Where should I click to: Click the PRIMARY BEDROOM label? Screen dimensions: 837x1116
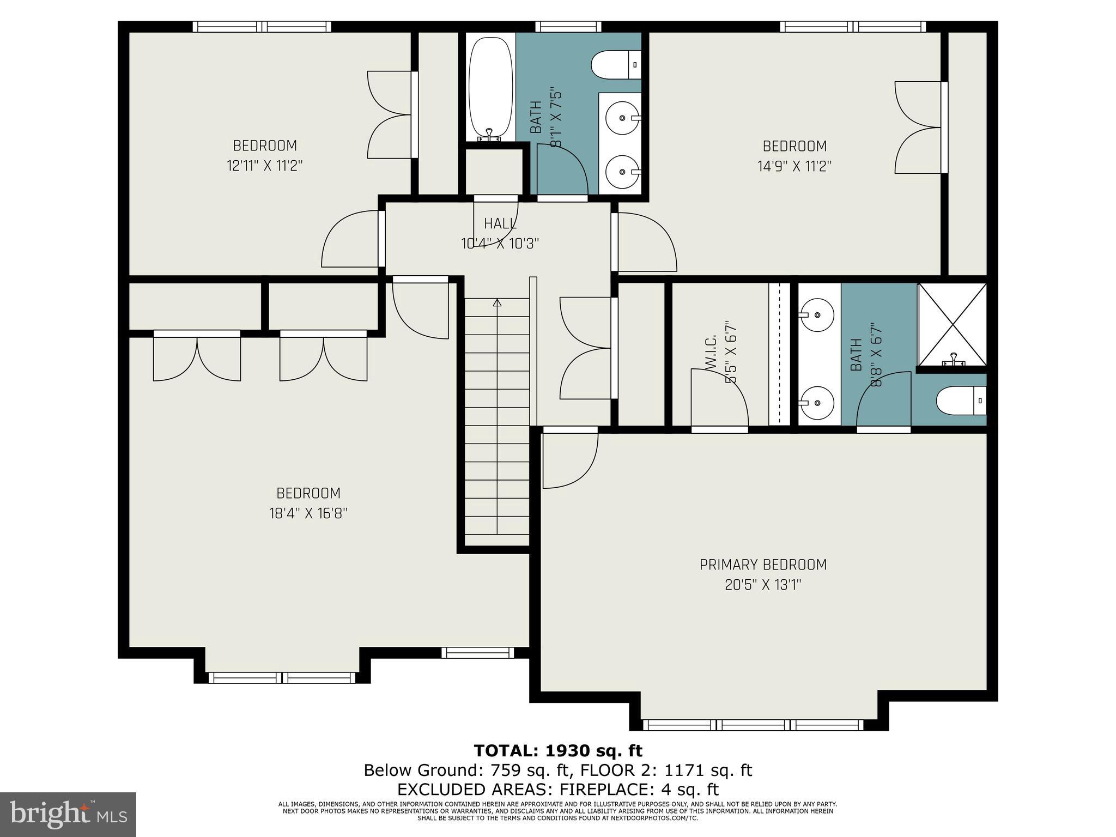click(x=763, y=565)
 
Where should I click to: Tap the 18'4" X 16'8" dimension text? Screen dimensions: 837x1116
click(x=308, y=513)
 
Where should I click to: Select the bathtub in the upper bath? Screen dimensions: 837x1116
click(x=490, y=87)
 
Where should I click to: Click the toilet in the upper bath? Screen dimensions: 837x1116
click(x=616, y=65)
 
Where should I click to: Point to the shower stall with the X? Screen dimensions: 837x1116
click(x=952, y=325)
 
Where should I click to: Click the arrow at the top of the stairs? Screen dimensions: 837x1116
click(x=497, y=302)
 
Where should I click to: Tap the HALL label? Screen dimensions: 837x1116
click(x=500, y=223)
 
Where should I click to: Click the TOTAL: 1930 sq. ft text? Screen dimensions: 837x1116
click(x=558, y=751)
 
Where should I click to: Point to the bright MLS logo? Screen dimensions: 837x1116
click(x=68, y=814)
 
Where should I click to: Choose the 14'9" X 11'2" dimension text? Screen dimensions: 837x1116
click(x=794, y=166)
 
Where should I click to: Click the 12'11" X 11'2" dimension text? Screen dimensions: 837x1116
click(x=264, y=166)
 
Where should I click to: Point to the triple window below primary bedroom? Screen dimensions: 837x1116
click(x=754, y=725)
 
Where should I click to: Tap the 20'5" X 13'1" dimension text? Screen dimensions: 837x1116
click(x=763, y=585)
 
